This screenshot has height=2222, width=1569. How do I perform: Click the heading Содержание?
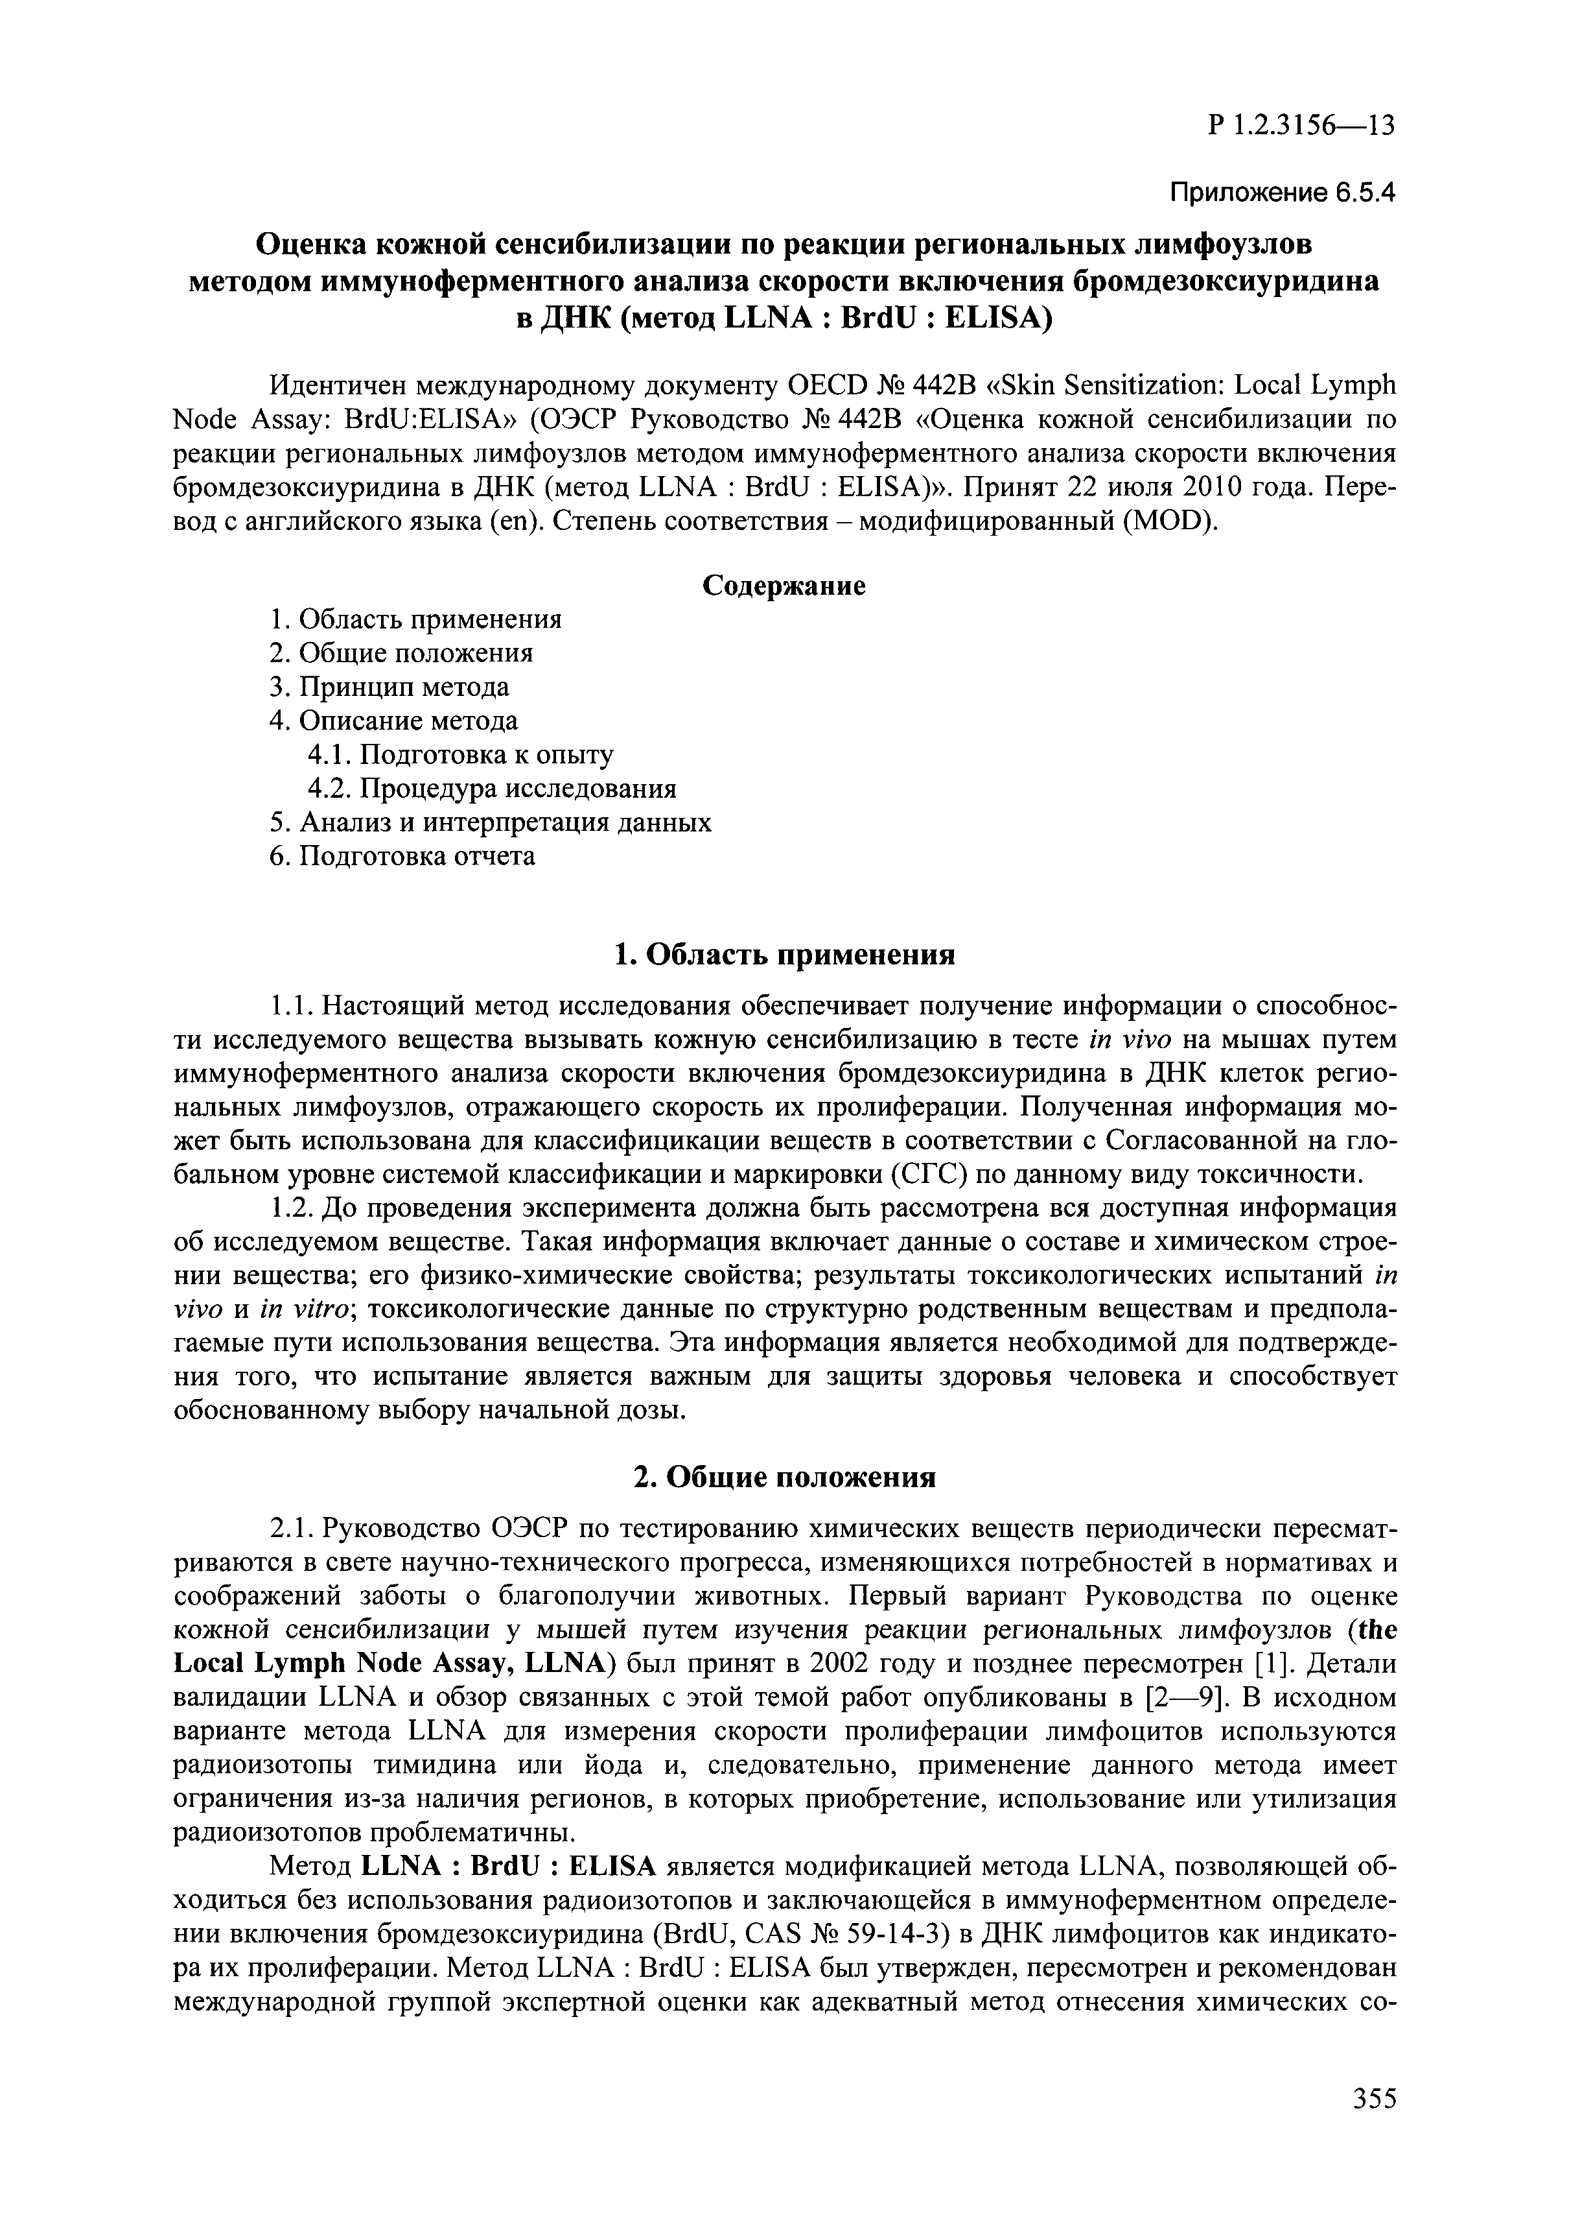click(784, 586)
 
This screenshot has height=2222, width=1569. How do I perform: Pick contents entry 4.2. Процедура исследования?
click(491, 789)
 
